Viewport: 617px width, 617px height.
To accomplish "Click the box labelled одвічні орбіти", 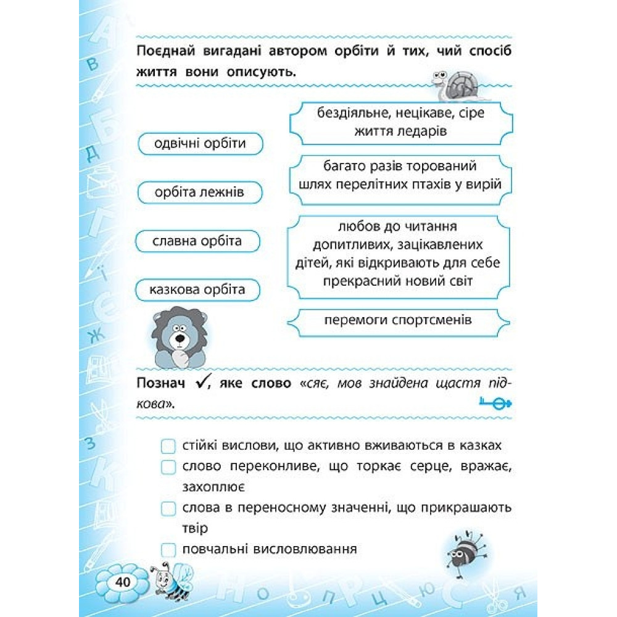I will click(x=199, y=144).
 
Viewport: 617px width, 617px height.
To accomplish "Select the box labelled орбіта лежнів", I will click(x=199, y=193).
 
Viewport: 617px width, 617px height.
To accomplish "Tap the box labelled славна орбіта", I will click(x=197, y=241).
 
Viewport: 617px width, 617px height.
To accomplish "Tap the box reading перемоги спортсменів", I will click(x=399, y=321).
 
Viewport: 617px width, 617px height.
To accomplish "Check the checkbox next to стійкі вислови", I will click(x=168, y=446).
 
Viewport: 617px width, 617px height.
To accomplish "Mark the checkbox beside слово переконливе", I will click(x=168, y=467).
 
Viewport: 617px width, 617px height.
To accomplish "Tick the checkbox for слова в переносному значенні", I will click(x=168, y=508).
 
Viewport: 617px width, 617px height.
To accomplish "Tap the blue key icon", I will click(x=495, y=403).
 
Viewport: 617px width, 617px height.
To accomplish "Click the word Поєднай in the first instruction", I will click(x=162, y=51).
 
